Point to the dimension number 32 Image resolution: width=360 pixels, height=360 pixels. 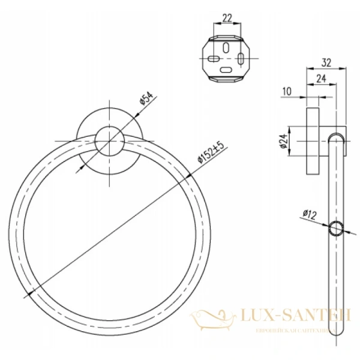(x=327, y=62)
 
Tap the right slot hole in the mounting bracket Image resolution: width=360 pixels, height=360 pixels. (x=241, y=59)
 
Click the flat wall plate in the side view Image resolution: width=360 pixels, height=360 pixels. (x=313, y=142)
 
